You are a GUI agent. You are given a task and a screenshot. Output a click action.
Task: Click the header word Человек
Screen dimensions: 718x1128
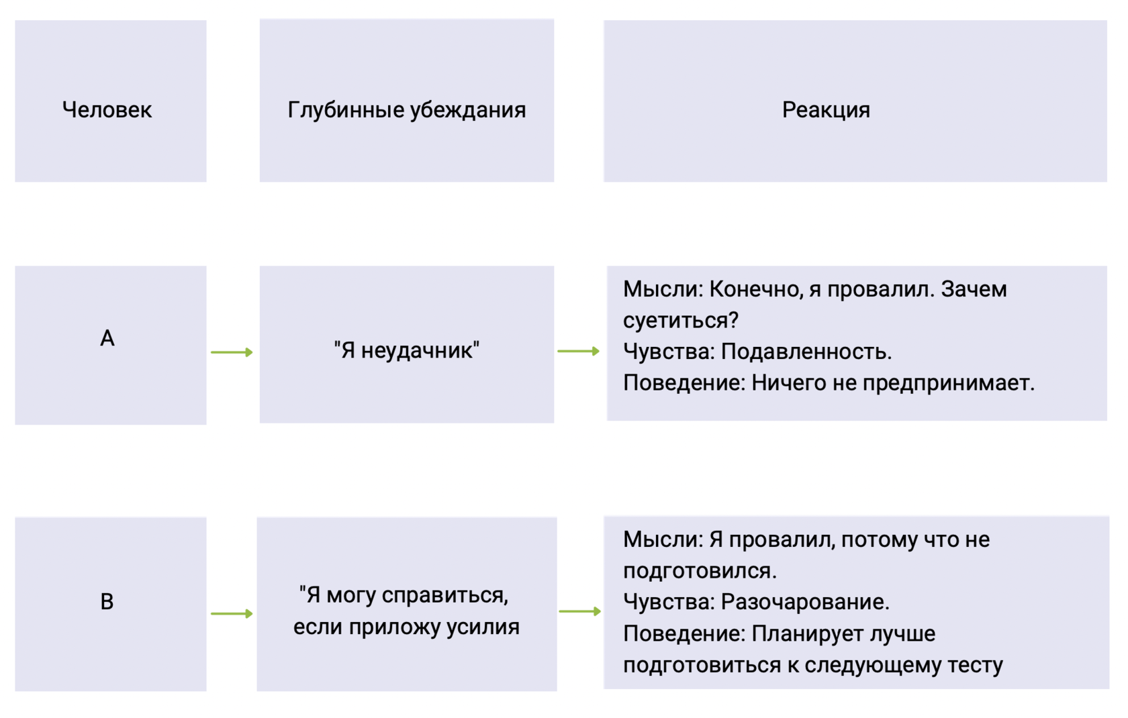pos(107,109)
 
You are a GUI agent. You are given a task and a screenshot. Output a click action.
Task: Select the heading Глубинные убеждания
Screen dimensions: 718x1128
pos(406,109)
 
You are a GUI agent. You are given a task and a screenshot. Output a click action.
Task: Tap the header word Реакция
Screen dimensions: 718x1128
pos(826,109)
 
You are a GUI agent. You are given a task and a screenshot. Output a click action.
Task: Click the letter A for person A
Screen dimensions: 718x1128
pos(107,338)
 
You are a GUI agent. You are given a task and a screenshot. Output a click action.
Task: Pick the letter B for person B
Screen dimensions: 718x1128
pos(107,601)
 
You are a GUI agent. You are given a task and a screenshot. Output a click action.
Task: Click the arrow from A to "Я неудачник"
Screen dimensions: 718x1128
pos(232,352)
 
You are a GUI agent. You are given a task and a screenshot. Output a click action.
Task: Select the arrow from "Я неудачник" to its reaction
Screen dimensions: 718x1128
pos(578,351)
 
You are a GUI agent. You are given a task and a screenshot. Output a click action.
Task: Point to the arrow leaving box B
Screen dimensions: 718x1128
pos(232,613)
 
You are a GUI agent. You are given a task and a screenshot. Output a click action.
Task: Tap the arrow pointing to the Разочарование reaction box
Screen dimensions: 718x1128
pos(579,611)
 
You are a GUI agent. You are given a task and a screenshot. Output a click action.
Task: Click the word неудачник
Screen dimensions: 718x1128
pos(417,350)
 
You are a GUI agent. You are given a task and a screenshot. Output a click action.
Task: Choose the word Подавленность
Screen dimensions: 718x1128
pos(806,352)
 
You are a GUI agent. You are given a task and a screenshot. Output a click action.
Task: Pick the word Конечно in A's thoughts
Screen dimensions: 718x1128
pos(755,289)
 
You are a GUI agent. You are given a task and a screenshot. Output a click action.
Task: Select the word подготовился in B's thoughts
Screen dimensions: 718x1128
pos(699,571)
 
